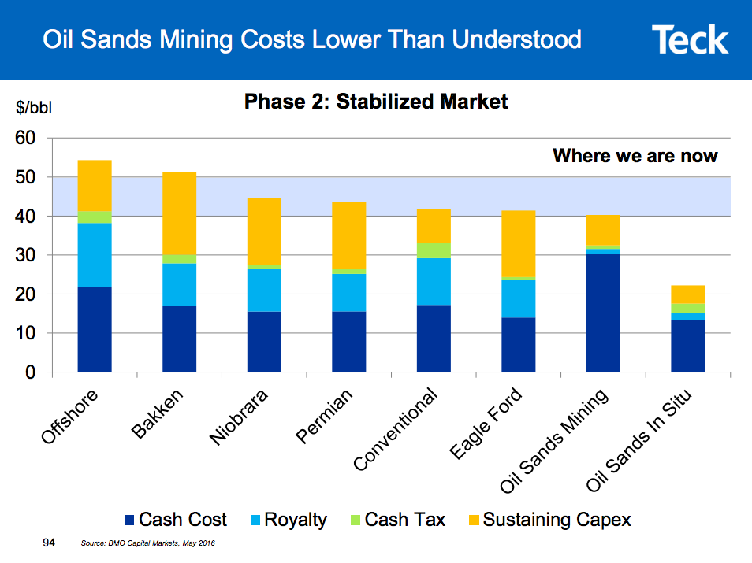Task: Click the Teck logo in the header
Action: pyautogui.click(x=690, y=39)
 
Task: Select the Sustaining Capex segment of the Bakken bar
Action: pyautogui.click(x=179, y=213)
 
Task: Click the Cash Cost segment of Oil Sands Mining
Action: pyautogui.click(x=603, y=312)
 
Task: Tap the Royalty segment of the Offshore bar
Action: pyautogui.click(x=95, y=255)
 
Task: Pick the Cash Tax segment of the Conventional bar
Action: pyautogui.click(x=434, y=250)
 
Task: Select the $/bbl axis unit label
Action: pyautogui.click(x=34, y=108)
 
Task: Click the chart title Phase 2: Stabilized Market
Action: pyautogui.click(x=376, y=102)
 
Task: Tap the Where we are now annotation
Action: pyautogui.click(x=635, y=156)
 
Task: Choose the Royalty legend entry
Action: pyautogui.click(x=287, y=520)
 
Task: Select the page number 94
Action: pyautogui.click(x=49, y=543)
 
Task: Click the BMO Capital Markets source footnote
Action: pyautogui.click(x=147, y=544)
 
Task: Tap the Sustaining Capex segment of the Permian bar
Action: pyautogui.click(x=348, y=235)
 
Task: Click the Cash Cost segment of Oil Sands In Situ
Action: pyautogui.click(x=687, y=346)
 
